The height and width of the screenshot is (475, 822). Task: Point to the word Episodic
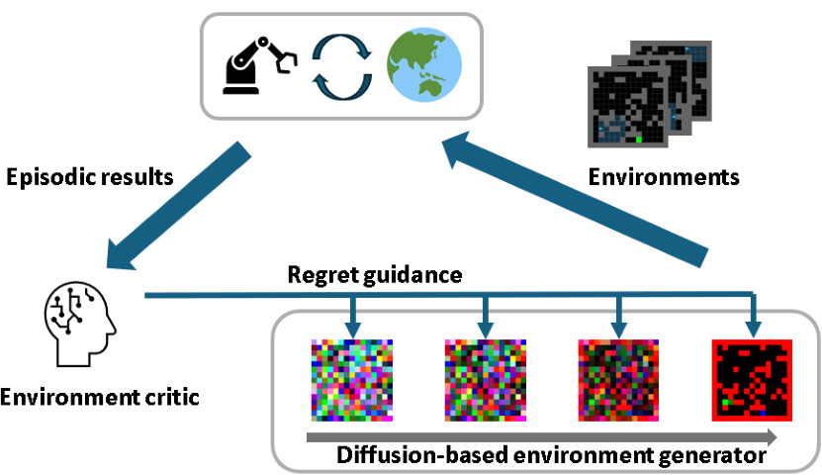[x=49, y=178]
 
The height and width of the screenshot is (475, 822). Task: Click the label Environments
[x=664, y=178]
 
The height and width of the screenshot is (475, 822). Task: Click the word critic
[x=168, y=398]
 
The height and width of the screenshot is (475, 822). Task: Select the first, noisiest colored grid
[x=352, y=381]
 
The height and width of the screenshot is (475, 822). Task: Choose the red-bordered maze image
[x=753, y=381]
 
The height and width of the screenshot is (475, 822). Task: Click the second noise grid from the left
[x=485, y=381]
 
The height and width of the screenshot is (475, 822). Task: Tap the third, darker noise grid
[x=618, y=381]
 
